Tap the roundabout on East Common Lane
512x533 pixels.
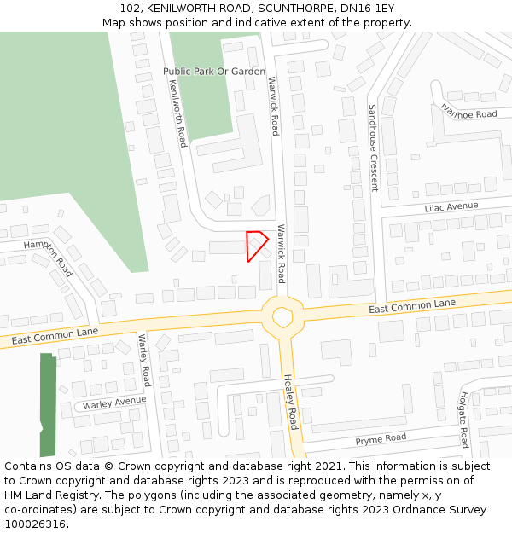[x=282, y=317]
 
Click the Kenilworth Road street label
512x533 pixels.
[x=177, y=113]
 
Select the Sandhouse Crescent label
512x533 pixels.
[x=373, y=148]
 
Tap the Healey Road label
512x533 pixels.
[x=290, y=401]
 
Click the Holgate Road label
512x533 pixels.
[x=464, y=420]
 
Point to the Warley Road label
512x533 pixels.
[x=144, y=360]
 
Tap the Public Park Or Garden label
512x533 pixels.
[x=214, y=72]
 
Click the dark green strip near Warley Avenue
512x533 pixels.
[x=48, y=405]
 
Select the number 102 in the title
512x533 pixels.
[x=143, y=8]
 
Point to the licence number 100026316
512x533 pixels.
[x=35, y=524]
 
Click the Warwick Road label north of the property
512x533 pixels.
[x=274, y=106]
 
